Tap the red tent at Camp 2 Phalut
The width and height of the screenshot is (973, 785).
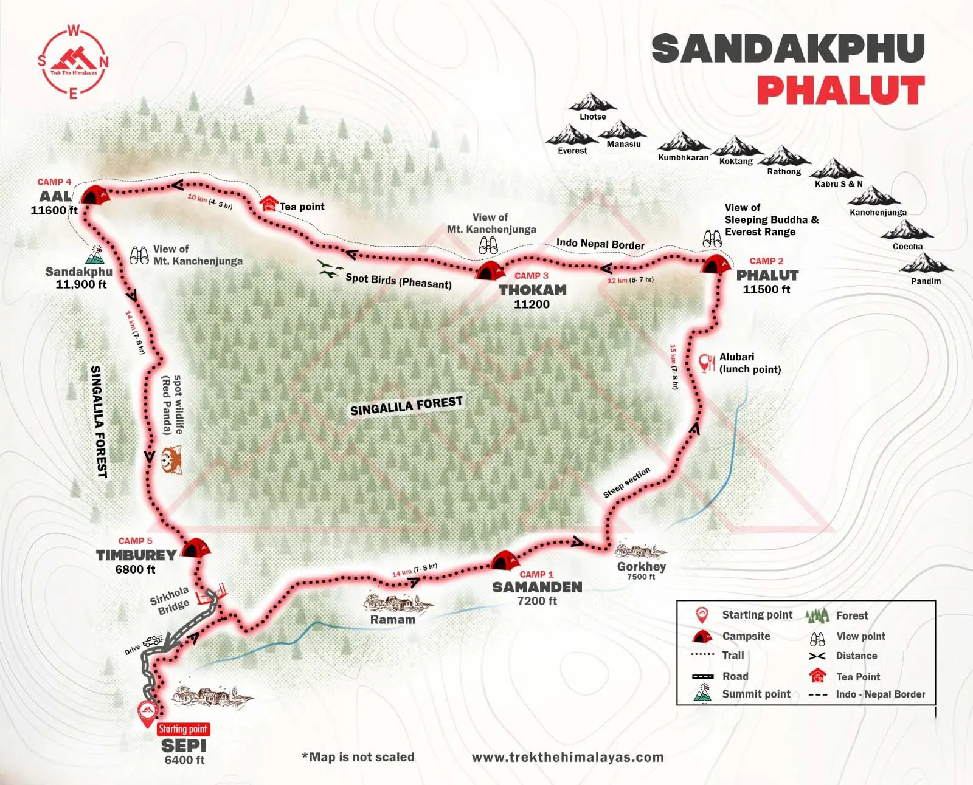[715, 265]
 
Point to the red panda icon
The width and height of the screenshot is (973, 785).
[171, 460]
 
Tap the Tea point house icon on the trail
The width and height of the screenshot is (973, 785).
[268, 204]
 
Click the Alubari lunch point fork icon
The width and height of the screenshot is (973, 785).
[707, 363]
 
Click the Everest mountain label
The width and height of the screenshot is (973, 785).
[572, 151]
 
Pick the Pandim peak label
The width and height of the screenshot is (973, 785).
[926, 281]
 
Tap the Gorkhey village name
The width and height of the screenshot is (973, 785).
[642, 566]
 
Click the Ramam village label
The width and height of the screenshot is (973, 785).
[393, 620]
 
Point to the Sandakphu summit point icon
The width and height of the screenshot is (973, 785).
[95, 254]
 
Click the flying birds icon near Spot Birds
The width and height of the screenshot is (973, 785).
[329, 269]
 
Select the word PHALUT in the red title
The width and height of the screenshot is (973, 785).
[840, 91]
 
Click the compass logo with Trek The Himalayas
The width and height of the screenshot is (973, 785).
[74, 62]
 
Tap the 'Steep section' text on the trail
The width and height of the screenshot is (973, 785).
[626, 482]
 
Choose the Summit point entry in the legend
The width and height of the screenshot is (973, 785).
[756, 694]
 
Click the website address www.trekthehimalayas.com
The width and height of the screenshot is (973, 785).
[567, 757]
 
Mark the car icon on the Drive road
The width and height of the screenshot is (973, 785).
[153, 641]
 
